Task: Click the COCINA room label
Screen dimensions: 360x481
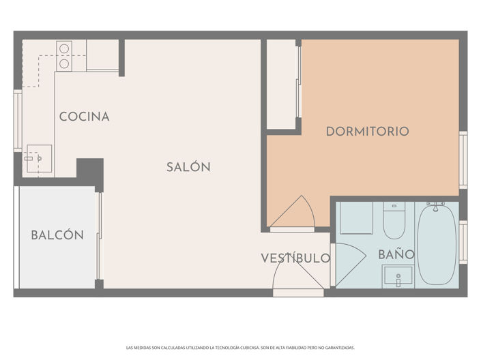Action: (x=84, y=117)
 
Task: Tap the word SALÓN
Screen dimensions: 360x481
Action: (x=188, y=167)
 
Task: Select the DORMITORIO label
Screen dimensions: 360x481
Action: (x=367, y=131)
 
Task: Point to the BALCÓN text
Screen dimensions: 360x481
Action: (x=57, y=235)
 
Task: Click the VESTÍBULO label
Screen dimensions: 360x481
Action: (x=295, y=258)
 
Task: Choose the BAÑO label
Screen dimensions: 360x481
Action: (x=396, y=254)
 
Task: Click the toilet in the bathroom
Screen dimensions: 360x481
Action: (x=394, y=220)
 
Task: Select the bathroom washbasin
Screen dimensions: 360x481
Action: (x=396, y=277)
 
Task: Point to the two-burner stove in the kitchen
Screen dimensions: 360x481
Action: (x=64, y=56)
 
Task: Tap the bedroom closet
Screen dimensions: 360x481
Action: (x=280, y=84)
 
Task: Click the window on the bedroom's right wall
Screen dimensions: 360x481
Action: (x=463, y=160)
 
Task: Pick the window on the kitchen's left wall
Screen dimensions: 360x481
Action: (x=18, y=120)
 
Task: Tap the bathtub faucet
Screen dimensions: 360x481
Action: (x=435, y=204)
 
